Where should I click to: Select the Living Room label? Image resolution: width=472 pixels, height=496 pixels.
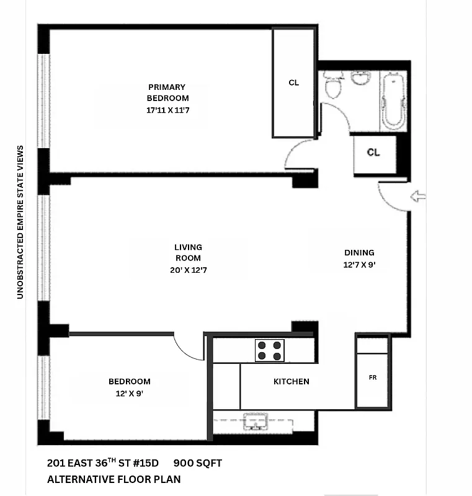pyautogui.click(x=188, y=252)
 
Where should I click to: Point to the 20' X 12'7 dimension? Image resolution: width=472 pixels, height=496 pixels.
pyautogui.click(x=188, y=270)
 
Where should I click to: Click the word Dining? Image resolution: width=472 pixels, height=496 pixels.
pyautogui.click(x=359, y=252)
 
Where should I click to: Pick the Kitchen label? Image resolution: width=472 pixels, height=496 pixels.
pyautogui.click(x=291, y=381)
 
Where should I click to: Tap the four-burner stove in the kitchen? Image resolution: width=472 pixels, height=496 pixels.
pyautogui.click(x=269, y=351)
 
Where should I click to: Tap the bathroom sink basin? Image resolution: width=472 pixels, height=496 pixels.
pyautogui.click(x=360, y=79)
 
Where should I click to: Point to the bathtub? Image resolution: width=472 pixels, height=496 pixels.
pyautogui.click(x=393, y=101)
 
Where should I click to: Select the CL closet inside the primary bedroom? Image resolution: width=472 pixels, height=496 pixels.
pyautogui.click(x=293, y=82)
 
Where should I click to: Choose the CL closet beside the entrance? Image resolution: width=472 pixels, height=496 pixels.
pyautogui.click(x=373, y=153)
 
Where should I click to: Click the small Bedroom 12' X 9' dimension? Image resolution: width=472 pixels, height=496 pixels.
pyautogui.click(x=129, y=393)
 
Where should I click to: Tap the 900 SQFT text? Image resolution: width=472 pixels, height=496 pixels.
pyautogui.click(x=197, y=463)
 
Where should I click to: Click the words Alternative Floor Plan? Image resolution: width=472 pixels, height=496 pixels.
pyautogui.click(x=114, y=479)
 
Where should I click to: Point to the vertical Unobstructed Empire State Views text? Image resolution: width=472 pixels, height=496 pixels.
pyautogui.click(x=20, y=222)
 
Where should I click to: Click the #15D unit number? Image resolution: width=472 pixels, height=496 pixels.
pyautogui.click(x=145, y=463)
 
